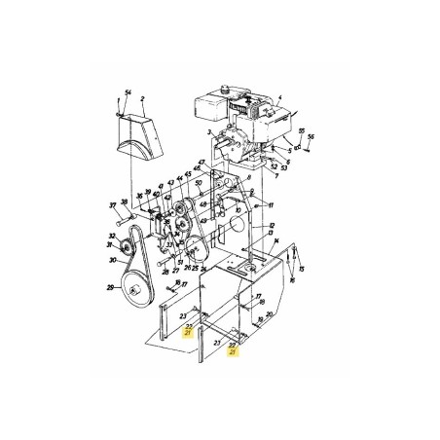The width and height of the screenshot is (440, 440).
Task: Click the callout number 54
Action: click(127, 90)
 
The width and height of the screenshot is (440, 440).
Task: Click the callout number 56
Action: click(312, 138)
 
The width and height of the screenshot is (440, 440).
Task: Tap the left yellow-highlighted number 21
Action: click(187, 333)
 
